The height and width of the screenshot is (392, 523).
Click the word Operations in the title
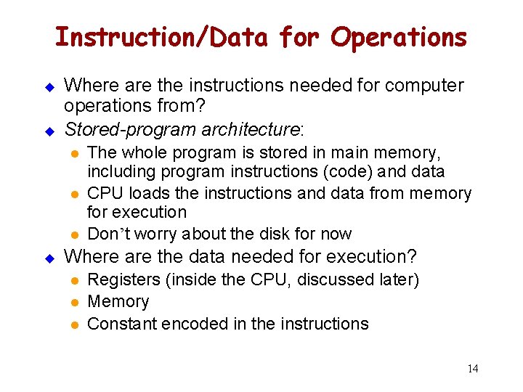[399, 37]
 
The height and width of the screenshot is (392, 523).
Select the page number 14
[472, 369]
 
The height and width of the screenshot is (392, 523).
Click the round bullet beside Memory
[73, 302]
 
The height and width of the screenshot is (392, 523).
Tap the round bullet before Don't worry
[73, 234]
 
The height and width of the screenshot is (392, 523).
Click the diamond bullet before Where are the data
[50, 257]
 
